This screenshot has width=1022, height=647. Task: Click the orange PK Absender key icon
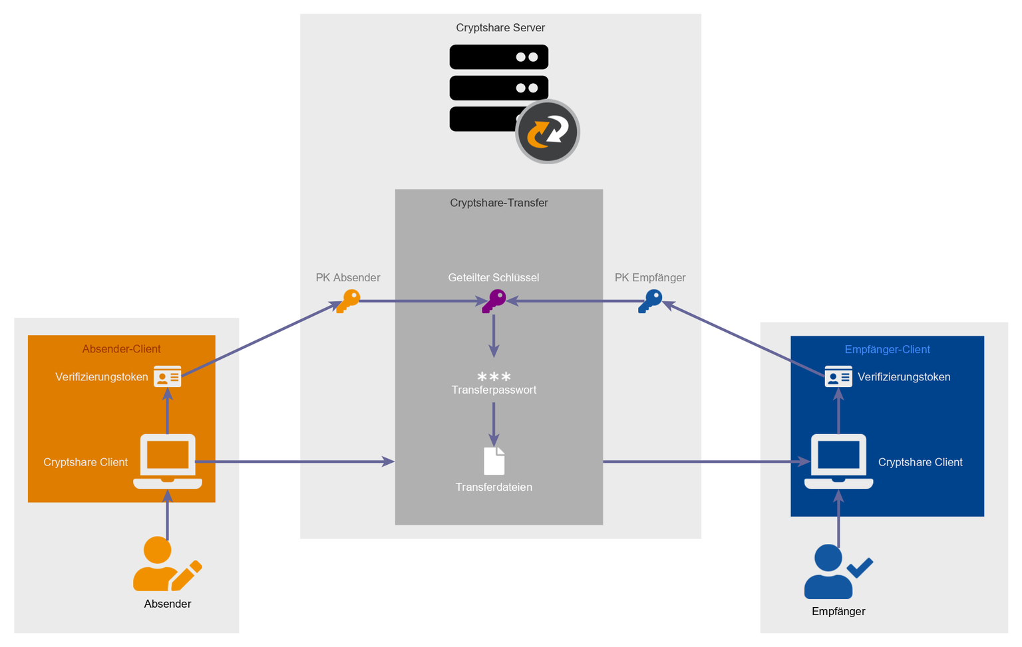348,301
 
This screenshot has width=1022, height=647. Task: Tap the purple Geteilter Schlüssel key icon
494,301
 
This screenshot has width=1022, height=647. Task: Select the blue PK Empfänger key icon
650,301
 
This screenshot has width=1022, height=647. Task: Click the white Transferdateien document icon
494,461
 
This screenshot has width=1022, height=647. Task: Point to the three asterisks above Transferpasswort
494,376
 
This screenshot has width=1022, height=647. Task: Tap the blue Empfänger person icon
828,572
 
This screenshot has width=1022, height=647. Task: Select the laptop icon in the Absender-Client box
168,461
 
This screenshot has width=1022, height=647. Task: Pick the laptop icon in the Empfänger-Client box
838,461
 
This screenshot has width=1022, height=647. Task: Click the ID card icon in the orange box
167,376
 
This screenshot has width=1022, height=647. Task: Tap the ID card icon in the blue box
838,376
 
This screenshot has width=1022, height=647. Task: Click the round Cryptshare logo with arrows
548,132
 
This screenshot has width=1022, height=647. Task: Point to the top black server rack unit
499,57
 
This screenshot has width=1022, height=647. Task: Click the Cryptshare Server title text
500,28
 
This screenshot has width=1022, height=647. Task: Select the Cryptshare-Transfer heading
499,203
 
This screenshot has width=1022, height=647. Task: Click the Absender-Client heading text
121,349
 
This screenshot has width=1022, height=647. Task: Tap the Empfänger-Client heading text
887,350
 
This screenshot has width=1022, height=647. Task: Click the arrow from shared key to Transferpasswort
494,336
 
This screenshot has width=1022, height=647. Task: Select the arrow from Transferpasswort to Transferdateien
494,424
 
